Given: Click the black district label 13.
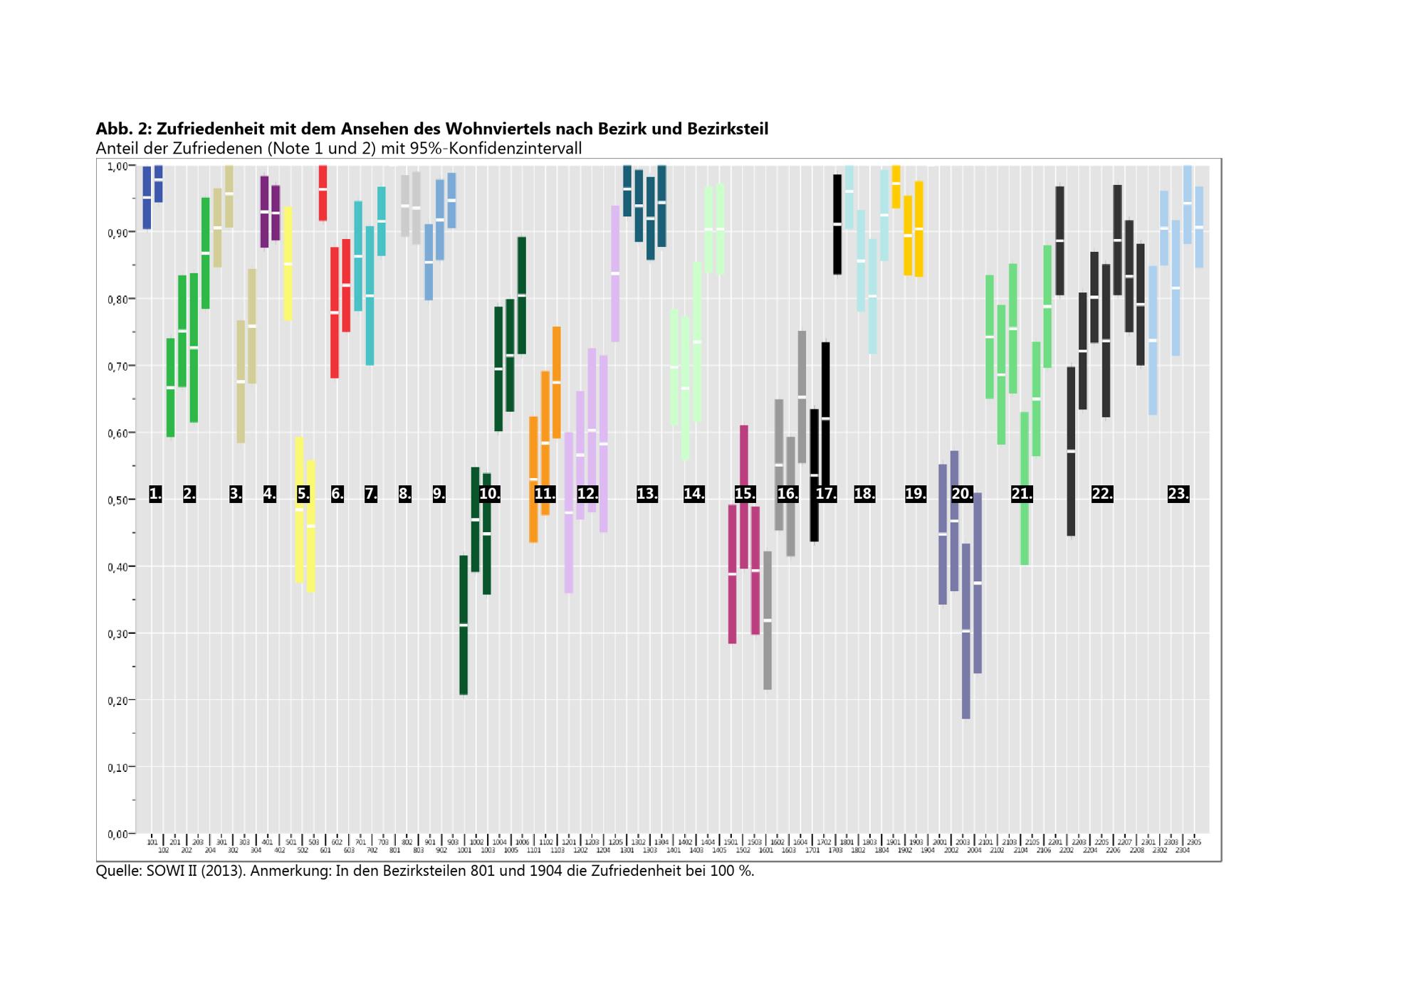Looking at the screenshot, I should [x=646, y=494].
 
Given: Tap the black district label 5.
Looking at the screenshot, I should [x=303, y=494].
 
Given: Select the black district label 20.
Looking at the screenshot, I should [x=962, y=494].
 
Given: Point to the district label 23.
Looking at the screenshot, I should [x=1178, y=494].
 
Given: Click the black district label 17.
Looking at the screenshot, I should [x=826, y=494].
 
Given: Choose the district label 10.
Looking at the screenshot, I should [x=489, y=494].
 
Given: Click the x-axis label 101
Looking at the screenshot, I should [x=152, y=842].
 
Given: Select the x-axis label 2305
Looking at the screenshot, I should [x=1194, y=842].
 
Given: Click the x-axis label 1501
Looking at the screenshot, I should [x=731, y=842].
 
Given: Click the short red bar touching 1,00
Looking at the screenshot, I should [x=323, y=193].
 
